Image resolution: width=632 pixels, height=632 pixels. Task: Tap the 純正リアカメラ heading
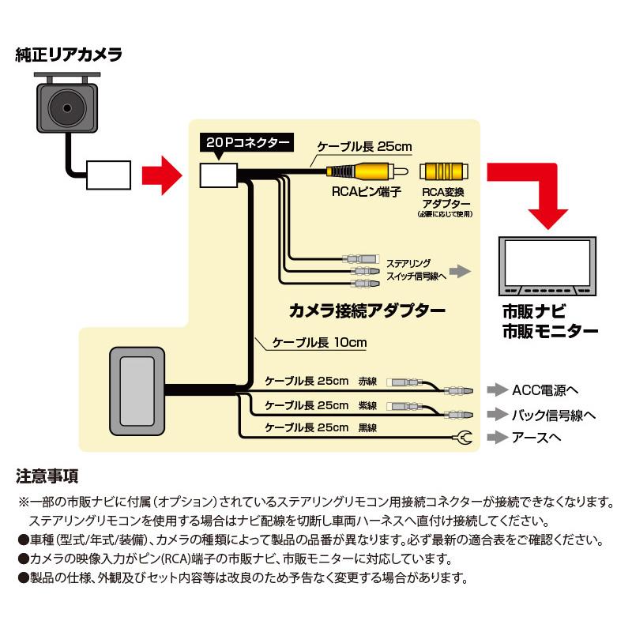point(68,55)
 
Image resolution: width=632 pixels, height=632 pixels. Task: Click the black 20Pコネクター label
point(245,143)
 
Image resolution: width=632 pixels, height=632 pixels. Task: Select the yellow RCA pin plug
point(367,169)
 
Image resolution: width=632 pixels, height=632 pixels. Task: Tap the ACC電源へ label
point(546,389)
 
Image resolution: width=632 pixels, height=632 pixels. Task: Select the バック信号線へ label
point(554,413)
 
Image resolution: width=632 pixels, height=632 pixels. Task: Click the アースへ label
point(540,437)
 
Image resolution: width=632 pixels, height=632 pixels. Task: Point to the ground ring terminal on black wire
point(464,437)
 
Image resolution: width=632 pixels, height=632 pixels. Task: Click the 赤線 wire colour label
point(367,382)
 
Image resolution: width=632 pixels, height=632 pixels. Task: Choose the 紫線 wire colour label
point(367,405)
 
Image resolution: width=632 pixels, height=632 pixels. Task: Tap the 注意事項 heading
point(47,476)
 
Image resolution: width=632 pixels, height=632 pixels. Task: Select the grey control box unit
point(137,390)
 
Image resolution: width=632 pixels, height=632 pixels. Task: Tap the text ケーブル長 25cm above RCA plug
point(364,146)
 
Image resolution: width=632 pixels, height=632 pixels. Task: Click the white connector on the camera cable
point(110,174)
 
